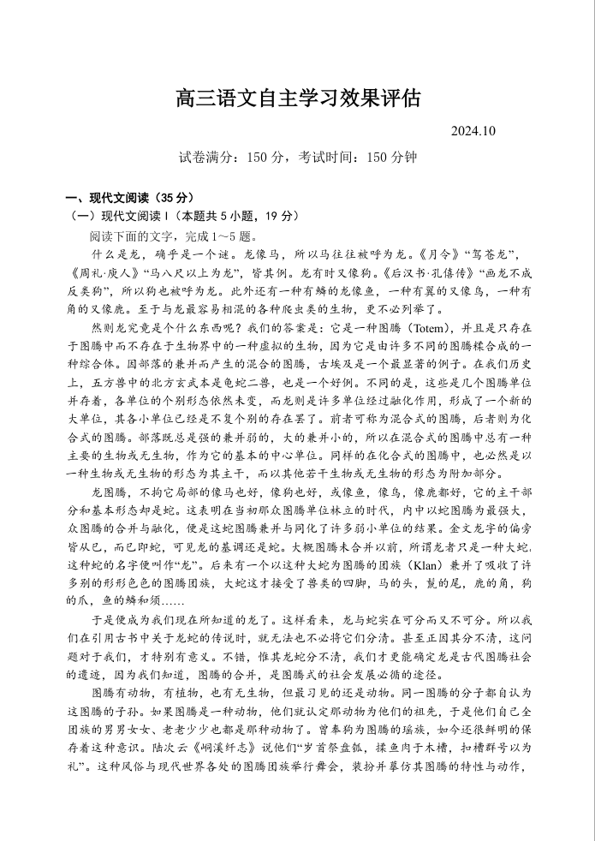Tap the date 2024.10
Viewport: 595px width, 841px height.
pos(473,131)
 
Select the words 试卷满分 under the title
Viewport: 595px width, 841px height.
pos(205,158)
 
